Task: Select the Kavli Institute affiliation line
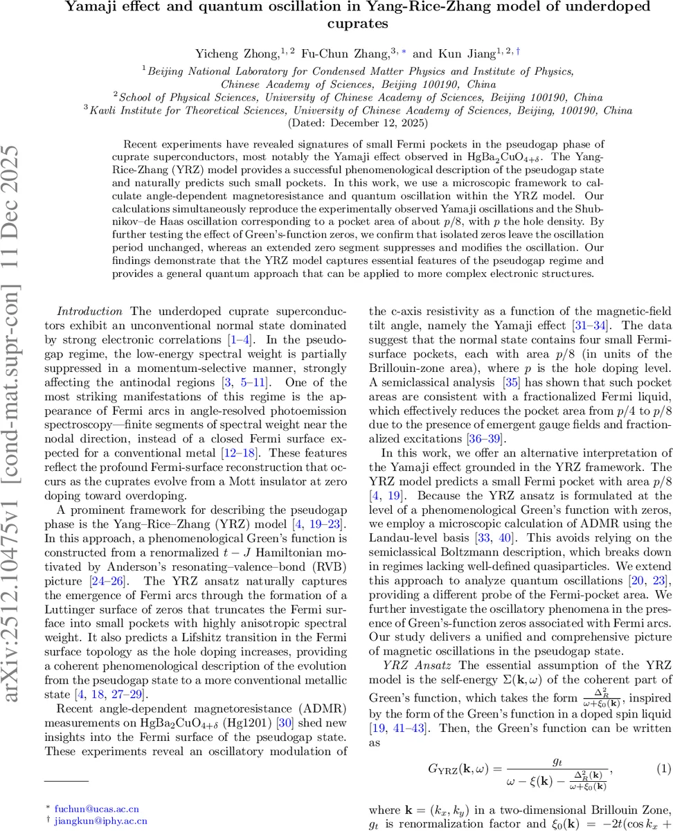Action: click(357, 110)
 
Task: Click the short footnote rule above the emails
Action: click(66, 782)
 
